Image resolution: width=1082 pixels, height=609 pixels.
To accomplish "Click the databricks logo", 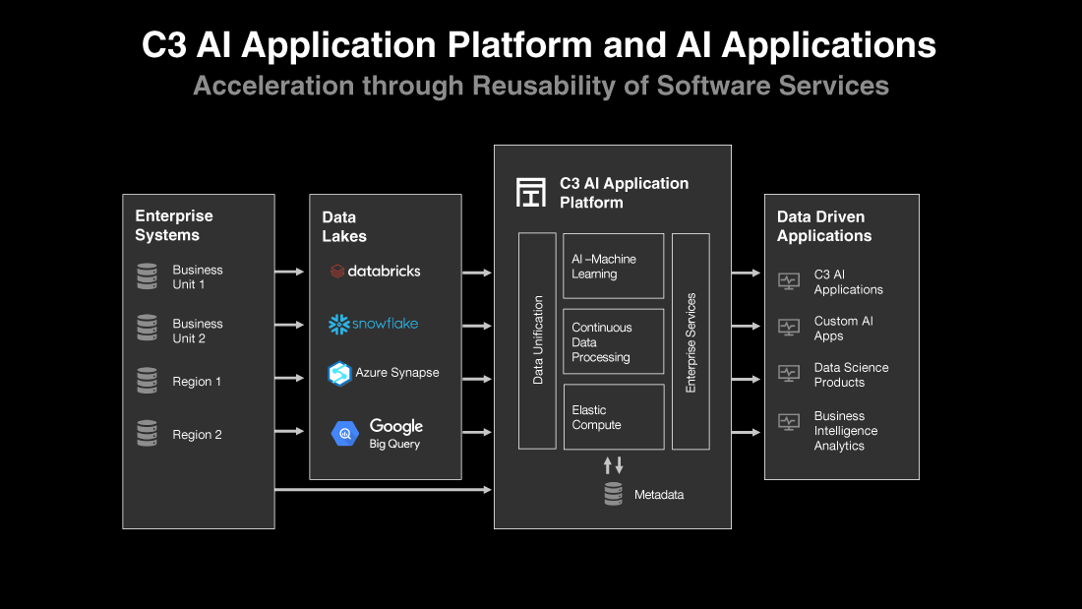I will (x=375, y=271).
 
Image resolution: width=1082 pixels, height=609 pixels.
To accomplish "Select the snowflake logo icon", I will (x=339, y=324).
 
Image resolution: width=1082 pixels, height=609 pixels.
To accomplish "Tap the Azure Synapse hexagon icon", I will (x=339, y=374).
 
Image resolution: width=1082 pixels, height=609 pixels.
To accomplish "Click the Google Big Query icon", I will (x=344, y=433).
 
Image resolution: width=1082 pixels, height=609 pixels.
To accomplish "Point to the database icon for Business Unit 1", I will (x=147, y=276).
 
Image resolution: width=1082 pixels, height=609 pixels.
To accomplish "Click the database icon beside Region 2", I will (x=147, y=434).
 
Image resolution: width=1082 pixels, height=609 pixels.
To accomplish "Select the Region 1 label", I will (x=197, y=382).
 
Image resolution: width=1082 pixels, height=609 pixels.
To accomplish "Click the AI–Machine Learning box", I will (x=613, y=267).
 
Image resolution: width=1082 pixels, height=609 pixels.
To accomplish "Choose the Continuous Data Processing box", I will (x=613, y=341).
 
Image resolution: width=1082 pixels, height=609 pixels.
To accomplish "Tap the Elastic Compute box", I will (x=613, y=417).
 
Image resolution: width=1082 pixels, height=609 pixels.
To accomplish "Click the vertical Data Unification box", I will (x=537, y=340).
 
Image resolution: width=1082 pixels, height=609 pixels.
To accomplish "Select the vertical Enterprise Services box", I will (x=691, y=341).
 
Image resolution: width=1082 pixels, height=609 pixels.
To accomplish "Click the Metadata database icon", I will (x=613, y=494).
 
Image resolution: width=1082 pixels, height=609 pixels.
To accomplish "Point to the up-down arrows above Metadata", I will (x=613, y=465).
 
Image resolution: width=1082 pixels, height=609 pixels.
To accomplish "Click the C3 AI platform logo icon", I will (x=531, y=192).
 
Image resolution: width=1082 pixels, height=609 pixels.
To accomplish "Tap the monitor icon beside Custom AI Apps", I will (x=788, y=328).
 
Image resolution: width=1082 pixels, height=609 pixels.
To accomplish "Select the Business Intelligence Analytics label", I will (x=845, y=431).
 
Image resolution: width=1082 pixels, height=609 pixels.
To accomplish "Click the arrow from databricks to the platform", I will (x=477, y=272).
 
